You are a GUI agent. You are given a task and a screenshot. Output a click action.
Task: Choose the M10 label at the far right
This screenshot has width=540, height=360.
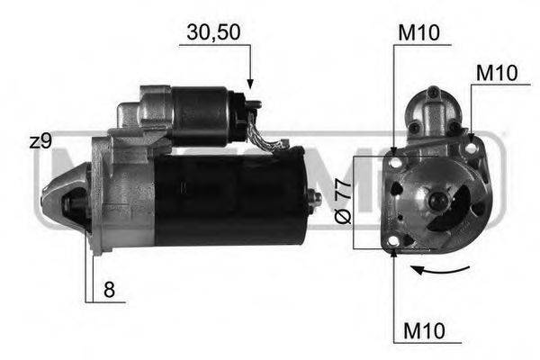[x=496, y=73]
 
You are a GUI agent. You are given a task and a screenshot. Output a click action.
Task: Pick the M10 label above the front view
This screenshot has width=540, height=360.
[x=418, y=32]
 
